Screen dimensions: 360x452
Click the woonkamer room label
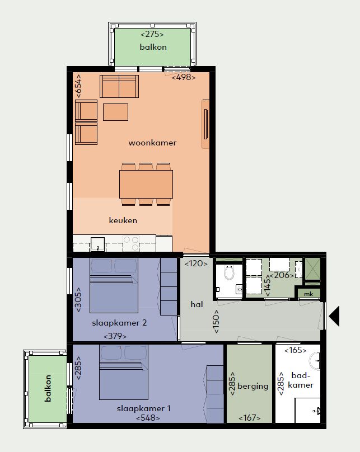pyautogui.click(x=152, y=143)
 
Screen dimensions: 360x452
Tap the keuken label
pyautogui.click(x=123, y=220)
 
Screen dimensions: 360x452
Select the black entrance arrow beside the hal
pyautogui.click(x=334, y=316)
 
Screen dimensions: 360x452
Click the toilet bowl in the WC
pyautogui.click(x=230, y=272)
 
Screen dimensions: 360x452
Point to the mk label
pyautogui.click(x=308, y=294)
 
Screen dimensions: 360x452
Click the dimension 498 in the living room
pyautogui.click(x=184, y=77)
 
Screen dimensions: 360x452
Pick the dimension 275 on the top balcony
pyautogui.click(x=152, y=34)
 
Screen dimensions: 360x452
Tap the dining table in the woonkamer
pyautogui.click(x=146, y=184)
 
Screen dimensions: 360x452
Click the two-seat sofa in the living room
pyautogui.click(x=119, y=87)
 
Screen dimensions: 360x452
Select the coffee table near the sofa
pyautogui.click(x=116, y=112)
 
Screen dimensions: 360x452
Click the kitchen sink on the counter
pyautogui.click(x=98, y=244)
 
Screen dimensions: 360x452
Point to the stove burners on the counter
pyautogui.click(x=131, y=243)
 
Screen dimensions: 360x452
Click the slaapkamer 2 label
pyautogui.click(x=119, y=323)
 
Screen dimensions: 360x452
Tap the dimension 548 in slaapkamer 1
pyautogui.click(x=148, y=418)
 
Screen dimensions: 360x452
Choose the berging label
pyautogui.click(x=253, y=387)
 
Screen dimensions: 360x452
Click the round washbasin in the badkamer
pyautogui.click(x=315, y=361)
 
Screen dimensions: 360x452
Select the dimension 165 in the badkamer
pyautogui.click(x=296, y=350)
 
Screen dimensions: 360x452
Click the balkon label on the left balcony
pyautogui.click(x=48, y=388)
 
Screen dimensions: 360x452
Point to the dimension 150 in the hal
pyautogui.click(x=216, y=322)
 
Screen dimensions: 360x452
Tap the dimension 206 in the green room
pyautogui.click(x=282, y=275)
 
